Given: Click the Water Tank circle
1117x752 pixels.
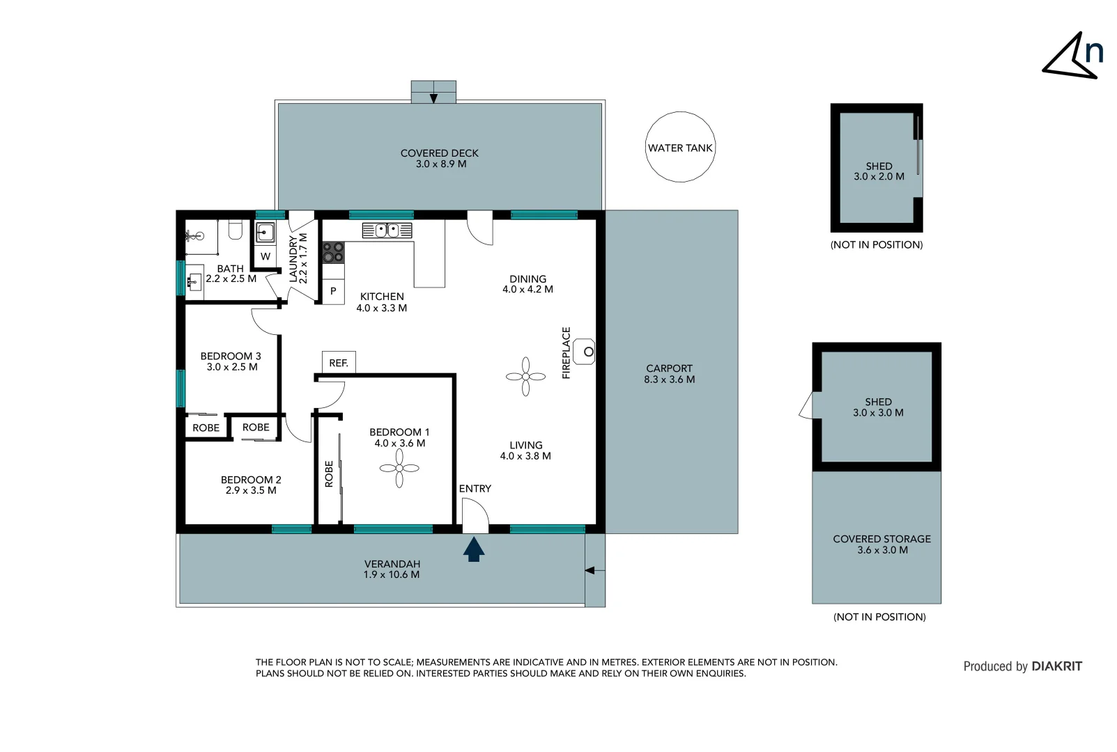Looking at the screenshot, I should (x=680, y=147).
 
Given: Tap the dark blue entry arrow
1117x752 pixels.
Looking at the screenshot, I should (x=474, y=549).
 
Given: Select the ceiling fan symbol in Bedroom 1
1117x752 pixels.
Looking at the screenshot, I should (x=399, y=468).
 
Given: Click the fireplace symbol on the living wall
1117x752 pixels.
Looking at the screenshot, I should (x=584, y=352).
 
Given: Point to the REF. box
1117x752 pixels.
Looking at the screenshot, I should (x=339, y=362).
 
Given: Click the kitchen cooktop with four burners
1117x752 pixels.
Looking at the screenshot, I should (x=333, y=252).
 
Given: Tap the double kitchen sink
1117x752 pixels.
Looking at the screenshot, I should (x=387, y=230).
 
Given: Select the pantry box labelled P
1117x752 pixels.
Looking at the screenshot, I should (x=333, y=291).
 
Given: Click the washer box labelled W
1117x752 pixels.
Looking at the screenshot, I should (x=265, y=256).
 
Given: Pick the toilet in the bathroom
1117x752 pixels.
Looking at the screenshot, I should (x=236, y=230).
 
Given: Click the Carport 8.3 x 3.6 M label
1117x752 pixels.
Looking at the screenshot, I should (x=669, y=374).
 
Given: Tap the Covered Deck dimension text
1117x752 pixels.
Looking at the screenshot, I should (x=440, y=164).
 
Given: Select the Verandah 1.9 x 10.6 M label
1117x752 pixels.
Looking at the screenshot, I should (x=392, y=570).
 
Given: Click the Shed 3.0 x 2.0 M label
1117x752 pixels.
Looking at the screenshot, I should (x=879, y=171).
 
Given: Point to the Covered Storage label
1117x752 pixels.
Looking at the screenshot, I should (x=881, y=544).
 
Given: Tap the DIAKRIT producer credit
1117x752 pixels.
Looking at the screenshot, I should (x=1022, y=666).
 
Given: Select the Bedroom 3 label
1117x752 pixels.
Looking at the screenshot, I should (x=231, y=361).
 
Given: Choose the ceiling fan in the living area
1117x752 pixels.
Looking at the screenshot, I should (x=525, y=377).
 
